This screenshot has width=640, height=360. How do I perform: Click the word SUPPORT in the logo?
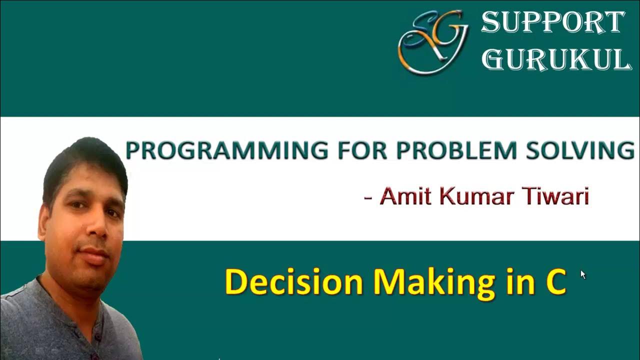(553, 22)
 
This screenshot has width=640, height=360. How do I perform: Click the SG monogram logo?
(432, 42)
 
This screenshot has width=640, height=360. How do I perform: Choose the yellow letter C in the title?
(554, 283)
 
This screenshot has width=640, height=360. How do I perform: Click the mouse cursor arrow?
(583, 274)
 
